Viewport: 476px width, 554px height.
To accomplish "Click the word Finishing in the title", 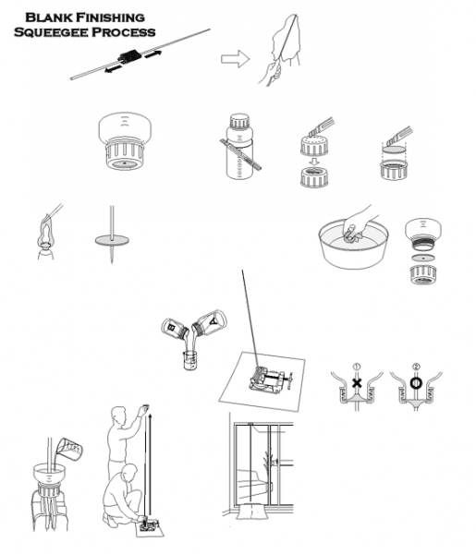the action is click(111, 18).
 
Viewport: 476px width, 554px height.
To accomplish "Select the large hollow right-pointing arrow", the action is click(235, 59).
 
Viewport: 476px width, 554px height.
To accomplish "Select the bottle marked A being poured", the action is click(210, 322).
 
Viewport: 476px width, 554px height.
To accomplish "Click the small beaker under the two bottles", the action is click(189, 360).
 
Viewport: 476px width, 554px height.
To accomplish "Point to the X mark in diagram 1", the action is click(357, 382).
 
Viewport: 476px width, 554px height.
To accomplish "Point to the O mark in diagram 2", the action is click(416, 382).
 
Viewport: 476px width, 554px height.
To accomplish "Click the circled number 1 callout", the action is click(357, 367).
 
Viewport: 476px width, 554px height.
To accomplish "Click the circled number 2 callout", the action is click(416, 367).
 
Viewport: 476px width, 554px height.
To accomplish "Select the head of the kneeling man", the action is click(129, 473).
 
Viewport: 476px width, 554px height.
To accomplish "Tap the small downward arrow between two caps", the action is click(313, 162).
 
